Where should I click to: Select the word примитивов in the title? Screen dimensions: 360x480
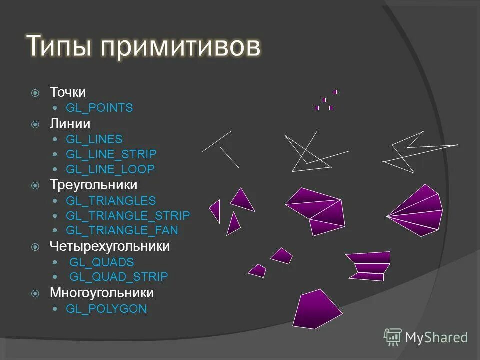coord(180,47)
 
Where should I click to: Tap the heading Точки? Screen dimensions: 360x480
coord(68,92)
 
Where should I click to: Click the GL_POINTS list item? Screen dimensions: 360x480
coord(99,108)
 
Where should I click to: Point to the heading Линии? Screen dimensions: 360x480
coord(70,123)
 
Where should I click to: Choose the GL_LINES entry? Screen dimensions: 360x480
coord(94,139)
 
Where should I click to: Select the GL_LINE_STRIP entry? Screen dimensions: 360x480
coord(111,154)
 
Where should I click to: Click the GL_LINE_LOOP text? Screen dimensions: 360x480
coord(110,169)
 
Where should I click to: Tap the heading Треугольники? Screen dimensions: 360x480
coord(93,185)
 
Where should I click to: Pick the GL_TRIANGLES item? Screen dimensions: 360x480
coord(111,201)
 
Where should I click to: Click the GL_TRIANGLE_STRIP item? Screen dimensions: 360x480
coord(128,216)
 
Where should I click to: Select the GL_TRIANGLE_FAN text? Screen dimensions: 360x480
coord(122,230)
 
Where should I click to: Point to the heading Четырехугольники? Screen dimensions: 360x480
coord(110,246)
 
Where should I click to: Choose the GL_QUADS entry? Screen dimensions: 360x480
coord(101,262)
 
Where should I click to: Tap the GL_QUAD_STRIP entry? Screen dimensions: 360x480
coord(118,277)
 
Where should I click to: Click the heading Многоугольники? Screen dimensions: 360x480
coord(102,292)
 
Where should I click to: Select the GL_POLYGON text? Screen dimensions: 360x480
coord(106,309)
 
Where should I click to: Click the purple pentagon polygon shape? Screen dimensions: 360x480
coord(316,310)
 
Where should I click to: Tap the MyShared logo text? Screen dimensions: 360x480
coord(436,338)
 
